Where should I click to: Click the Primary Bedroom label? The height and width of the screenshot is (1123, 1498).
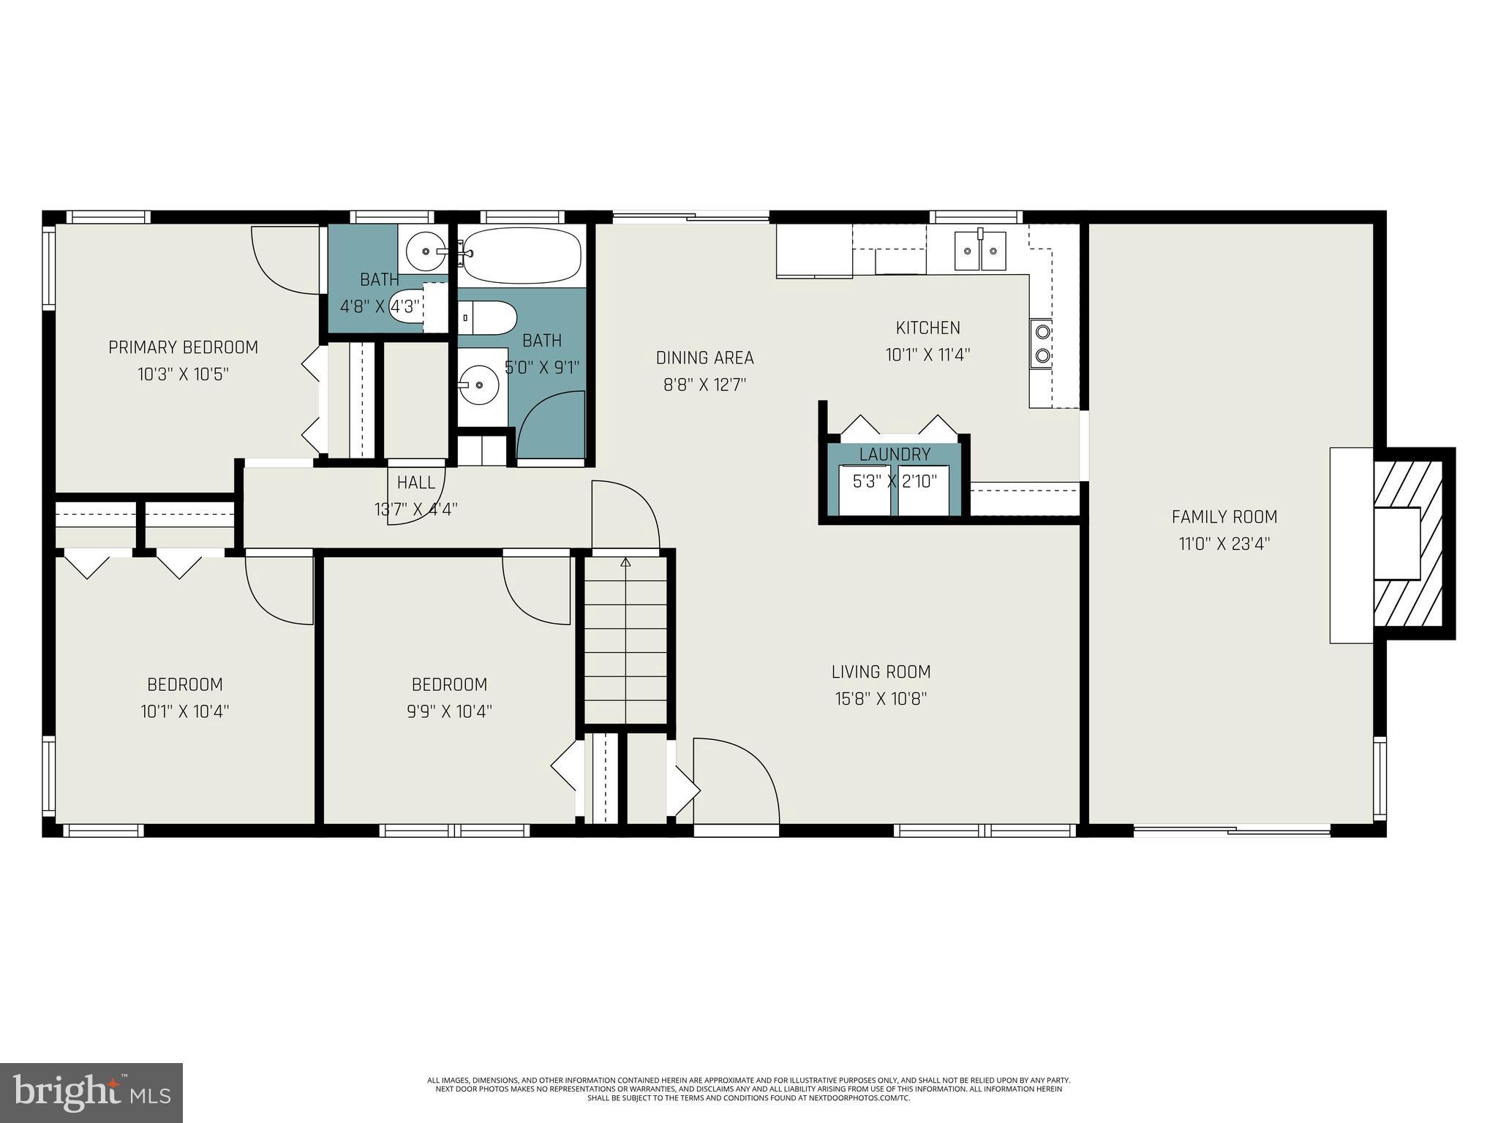pyautogui.click(x=183, y=347)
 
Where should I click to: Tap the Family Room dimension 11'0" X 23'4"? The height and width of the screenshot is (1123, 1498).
pyautogui.click(x=1224, y=544)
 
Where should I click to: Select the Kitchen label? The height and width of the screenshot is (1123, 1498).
pyautogui.click(x=927, y=328)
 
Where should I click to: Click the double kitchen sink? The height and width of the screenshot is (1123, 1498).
pyautogui.click(x=980, y=251)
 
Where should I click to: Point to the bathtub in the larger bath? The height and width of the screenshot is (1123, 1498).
pyautogui.click(x=522, y=256)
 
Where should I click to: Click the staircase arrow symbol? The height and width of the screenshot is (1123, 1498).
pyautogui.click(x=625, y=562)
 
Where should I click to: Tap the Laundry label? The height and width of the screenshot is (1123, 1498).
pyautogui.click(x=895, y=454)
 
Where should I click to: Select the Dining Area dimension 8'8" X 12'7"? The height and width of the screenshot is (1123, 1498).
pyautogui.click(x=704, y=385)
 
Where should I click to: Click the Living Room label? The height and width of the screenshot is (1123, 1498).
pyautogui.click(x=881, y=671)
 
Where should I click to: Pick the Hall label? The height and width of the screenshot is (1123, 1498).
pyautogui.click(x=416, y=483)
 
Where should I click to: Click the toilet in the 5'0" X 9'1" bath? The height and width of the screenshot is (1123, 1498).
pyautogui.click(x=488, y=318)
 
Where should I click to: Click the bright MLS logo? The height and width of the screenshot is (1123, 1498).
pyautogui.click(x=91, y=1092)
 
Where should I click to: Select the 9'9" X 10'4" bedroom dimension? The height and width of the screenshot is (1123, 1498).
pyautogui.click(x=449, y=711)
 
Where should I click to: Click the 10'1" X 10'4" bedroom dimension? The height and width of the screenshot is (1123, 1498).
pyautogui.click(x=185, y=711)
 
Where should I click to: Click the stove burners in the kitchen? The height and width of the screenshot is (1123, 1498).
pyautogui.click(x=1042, y=344)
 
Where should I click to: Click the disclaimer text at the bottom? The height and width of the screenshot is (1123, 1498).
pyautogui.click(x=748, y=1089)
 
